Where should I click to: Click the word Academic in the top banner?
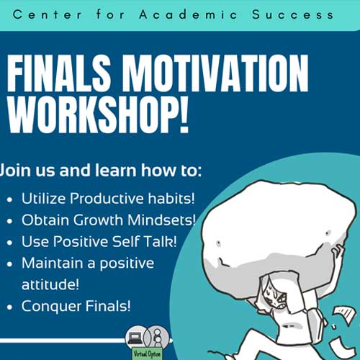coord(188,14)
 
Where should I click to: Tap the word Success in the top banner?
coord(292,14)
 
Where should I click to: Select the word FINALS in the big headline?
coord(59,73)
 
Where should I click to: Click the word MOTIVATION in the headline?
coord(215,73)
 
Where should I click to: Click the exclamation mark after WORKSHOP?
coord(184,114)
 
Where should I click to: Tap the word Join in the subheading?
coord(15,170)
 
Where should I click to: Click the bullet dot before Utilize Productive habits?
coord(9,199)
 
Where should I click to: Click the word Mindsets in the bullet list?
coord(161,220)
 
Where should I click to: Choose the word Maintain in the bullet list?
coord(52,263)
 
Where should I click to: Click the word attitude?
coord(50,284)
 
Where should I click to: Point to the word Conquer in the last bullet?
coord(51,307)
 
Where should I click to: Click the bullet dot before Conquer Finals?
coord(9,307)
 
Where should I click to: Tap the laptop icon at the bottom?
coord(135,338)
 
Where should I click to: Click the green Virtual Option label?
coord(147,354)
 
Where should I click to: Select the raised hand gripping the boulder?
coord(337,251)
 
